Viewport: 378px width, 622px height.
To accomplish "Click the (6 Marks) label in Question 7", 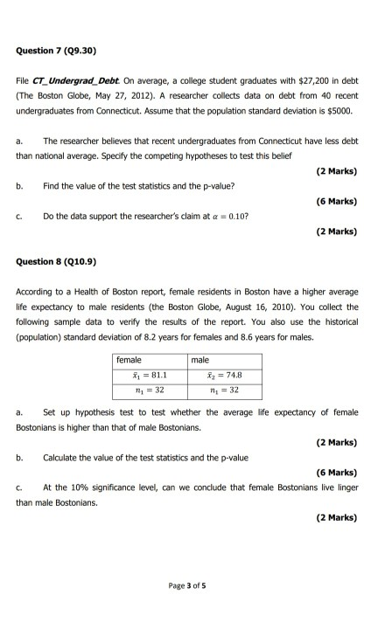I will pyautogui.click(x=337, y=200).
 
